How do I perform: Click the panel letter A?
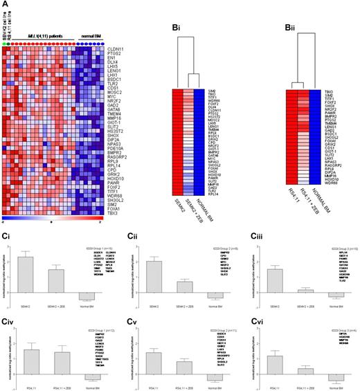(5, 6)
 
